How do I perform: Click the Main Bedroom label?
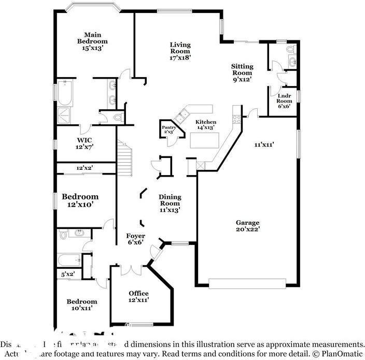[92, 41]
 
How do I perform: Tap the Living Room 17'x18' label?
[180, 51]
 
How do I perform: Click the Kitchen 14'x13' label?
[205, 125]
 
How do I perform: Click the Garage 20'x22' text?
[247, 226]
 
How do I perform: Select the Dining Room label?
[170, 203]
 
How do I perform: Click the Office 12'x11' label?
[138, 297]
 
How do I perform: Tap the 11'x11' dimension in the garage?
[264, 145]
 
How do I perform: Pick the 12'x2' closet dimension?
[84, 168]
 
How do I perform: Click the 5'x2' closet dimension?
[68, 274]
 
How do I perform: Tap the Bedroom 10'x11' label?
[81, 305]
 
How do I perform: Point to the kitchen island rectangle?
[204, 140]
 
